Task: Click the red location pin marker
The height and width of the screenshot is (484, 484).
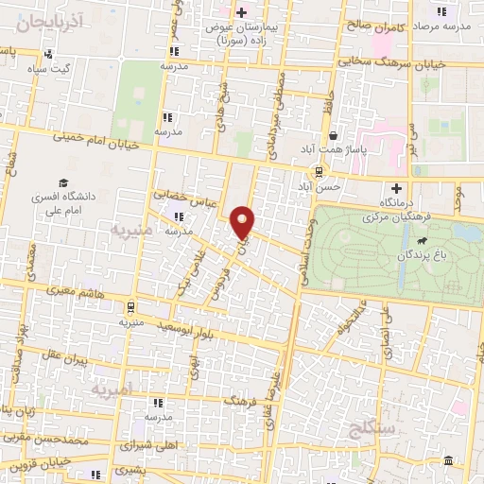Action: coord(244,222)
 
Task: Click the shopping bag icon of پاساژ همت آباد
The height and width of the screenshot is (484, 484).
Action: coord(332,136)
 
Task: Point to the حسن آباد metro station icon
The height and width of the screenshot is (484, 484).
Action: coord(320,171)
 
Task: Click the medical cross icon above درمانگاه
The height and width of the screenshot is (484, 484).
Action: coord(396,187)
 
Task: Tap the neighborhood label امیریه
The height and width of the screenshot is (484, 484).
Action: coord(112,389)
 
